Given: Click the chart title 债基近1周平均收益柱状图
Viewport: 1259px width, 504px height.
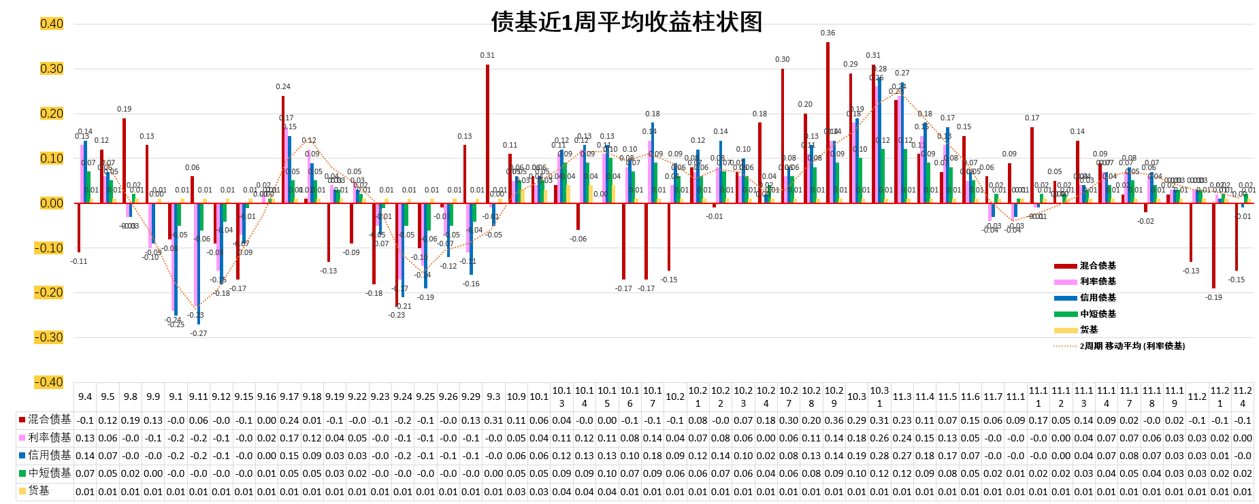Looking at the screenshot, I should (626, 22).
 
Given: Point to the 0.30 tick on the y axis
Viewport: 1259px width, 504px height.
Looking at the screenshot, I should (52, 69).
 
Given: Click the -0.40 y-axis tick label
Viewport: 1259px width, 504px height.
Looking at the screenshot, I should (49, 382).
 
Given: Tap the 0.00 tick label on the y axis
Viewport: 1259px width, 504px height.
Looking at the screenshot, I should (52, 203).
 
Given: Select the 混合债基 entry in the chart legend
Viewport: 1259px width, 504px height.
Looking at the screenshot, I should (1097, 266).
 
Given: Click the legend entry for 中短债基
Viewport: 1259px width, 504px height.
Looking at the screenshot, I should (1097, 314).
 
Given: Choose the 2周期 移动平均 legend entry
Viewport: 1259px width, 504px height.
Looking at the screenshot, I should (1131, 346).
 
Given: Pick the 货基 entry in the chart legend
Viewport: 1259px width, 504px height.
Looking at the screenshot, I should (1088, 330).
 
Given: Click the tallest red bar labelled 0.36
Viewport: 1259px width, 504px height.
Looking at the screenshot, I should (828, 122).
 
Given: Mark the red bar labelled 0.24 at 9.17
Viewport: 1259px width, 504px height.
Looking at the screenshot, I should (283, 149).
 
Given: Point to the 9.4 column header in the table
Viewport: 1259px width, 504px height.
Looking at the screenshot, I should (85, 397).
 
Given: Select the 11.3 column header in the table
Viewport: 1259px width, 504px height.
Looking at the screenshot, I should (902, 397).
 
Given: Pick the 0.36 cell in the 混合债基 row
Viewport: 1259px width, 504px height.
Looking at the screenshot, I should (834, 420).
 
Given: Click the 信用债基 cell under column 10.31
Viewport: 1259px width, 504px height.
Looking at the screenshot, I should (879, 456).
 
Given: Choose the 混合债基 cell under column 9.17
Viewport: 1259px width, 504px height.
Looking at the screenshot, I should (289, 420).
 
